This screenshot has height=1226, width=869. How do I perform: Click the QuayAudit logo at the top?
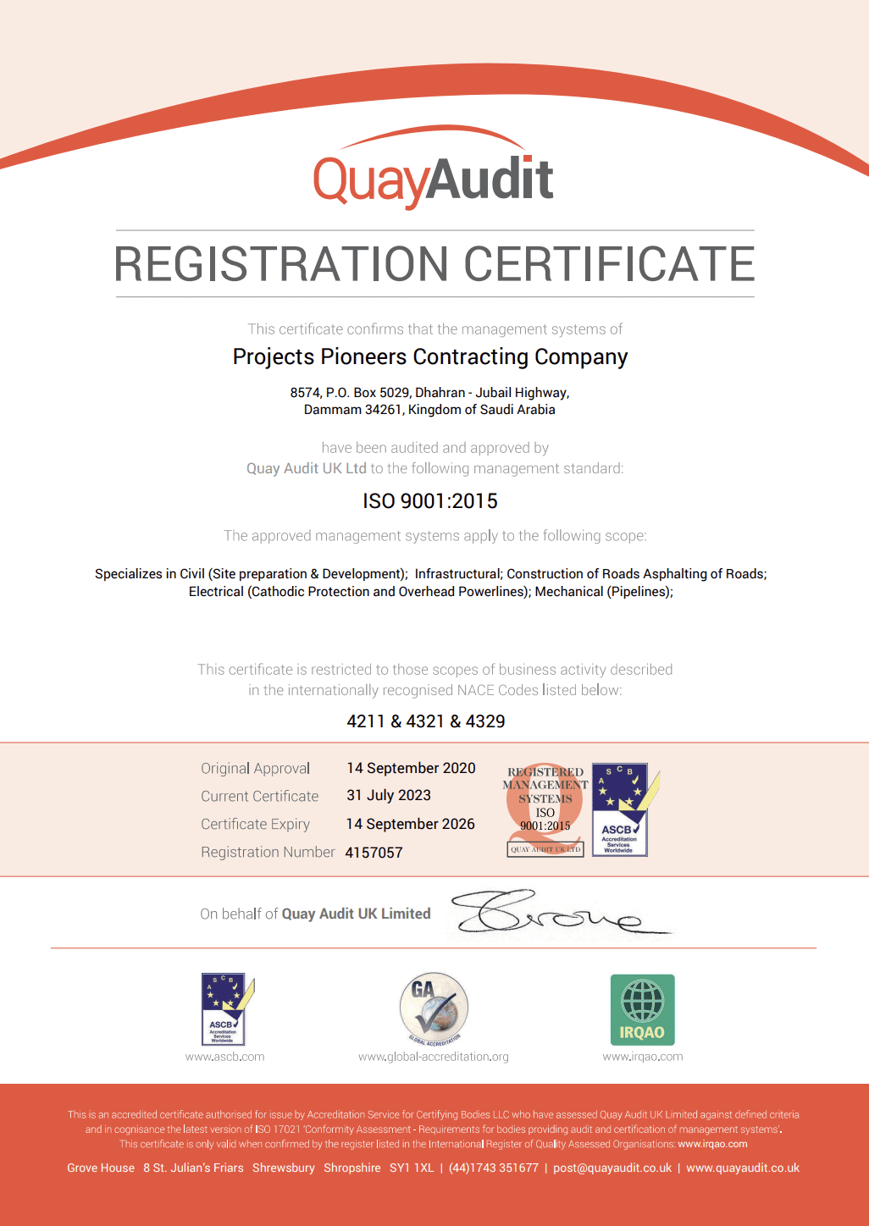click(x=434, y=174)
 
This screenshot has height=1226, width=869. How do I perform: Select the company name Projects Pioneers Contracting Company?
click(x=430, y=357)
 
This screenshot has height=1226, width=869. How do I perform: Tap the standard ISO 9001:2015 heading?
click(x=430, y=501)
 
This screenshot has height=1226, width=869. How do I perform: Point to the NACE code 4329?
click(x=485, y=721)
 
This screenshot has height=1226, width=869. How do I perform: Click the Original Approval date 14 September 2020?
click(x=411, y=768)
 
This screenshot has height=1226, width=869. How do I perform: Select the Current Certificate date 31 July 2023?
click(x=389, y=795)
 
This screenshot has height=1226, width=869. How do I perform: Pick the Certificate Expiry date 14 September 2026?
click(x=410, y=824)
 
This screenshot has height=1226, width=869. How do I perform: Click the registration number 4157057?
click(x=374, y=853)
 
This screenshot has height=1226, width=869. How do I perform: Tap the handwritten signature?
click(x=551, y=913)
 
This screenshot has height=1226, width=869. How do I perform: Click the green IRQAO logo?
click(x=643, y=1009)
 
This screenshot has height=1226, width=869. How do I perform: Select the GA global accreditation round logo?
click(x=434, y=1008)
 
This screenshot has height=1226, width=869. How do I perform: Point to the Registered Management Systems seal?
click(x=545, y=809)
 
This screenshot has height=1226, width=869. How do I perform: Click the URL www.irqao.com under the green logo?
click(x=643, y=1057)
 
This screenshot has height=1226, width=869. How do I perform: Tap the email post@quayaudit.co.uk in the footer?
click(x=612, y=1168)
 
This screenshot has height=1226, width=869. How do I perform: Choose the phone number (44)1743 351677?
click(x=494, y=1168)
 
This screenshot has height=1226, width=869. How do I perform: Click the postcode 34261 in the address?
click(x=383, y=410)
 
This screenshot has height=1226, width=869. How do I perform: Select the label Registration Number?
click(x=268, y=852)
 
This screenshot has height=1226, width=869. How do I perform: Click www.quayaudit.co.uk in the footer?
click(x=743, y=1168)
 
